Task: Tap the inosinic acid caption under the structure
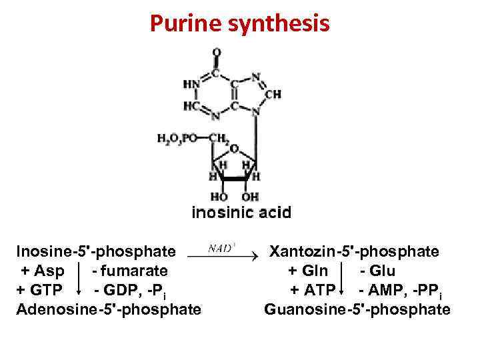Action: coord(241,213)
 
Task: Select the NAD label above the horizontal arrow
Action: coord(221,247)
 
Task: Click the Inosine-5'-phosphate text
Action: coord(96,252)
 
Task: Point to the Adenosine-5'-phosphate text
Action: coord(109,309)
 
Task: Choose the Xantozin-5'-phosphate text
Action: coord(353,252)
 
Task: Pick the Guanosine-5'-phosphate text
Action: coord(357,309)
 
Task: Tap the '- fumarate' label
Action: coord(130,271)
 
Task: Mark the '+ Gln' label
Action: coord(307,271)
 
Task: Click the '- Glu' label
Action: coord(377,271)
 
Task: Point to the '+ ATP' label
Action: coord(312,291)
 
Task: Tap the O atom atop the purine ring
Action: coord(217,52)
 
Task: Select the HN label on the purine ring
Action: coord(191,85)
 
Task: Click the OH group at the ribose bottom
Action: coord(250,197)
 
